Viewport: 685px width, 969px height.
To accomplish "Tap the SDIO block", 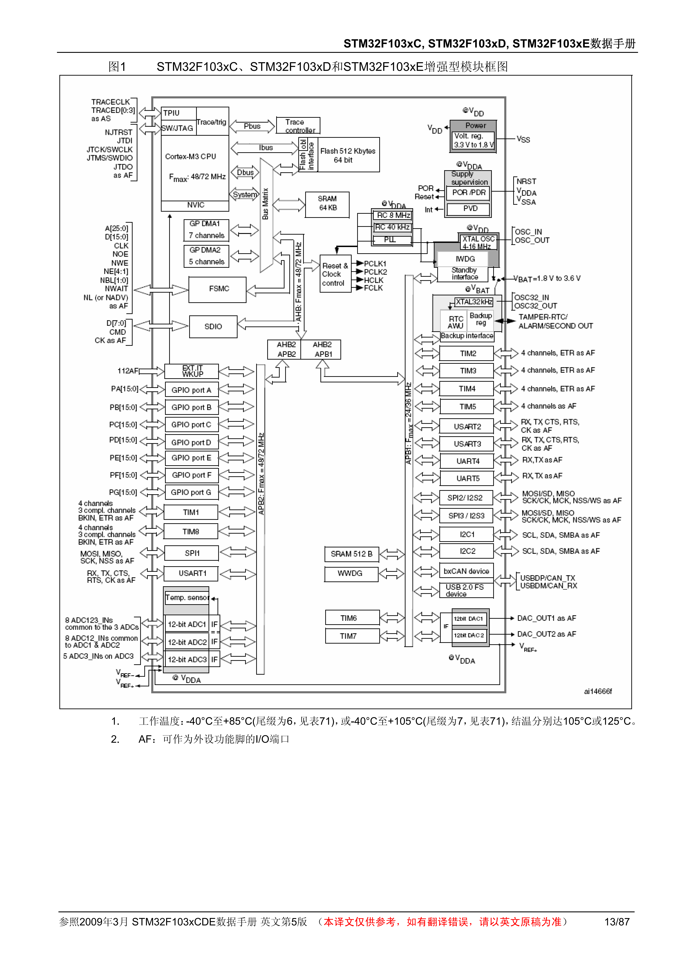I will coord(213,327).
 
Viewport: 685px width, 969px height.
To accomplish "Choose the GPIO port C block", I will coord(191,425).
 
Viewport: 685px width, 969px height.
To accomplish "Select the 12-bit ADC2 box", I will coord(187,642).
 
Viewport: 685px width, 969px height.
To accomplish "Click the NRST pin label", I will coord(526,181).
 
